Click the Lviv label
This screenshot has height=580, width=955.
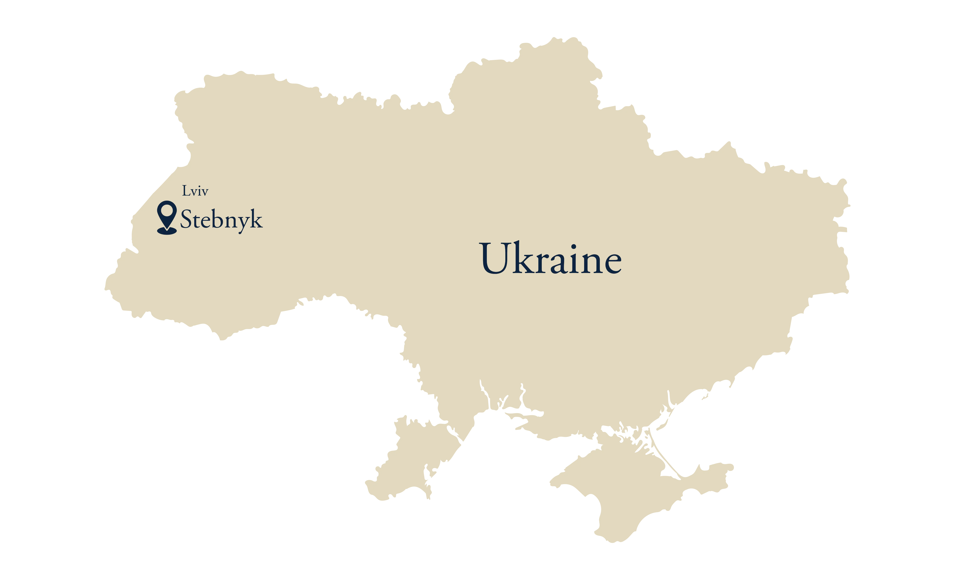click(x=195, y=191)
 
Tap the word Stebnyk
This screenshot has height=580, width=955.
click(x=221, y=220)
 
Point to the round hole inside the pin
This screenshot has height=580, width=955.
click(x=167, y=211)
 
